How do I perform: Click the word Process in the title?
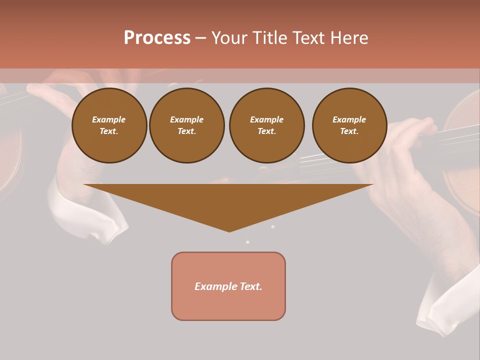coord(157,37)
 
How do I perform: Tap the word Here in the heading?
coord(348,37)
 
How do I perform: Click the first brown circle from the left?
coord(109,125)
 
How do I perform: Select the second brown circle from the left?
coord(187,125)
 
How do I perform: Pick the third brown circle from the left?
coord(266,125)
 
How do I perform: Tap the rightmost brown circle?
coord(349,125)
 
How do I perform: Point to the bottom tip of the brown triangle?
coord(229,231)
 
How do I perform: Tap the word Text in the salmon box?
coord(252,286)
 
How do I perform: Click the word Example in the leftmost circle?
coord(109,119)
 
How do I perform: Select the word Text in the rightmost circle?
coord(349,131)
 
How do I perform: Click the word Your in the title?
coord(228,37)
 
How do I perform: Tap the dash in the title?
coord(200,37)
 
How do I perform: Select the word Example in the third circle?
coord(266,119)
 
